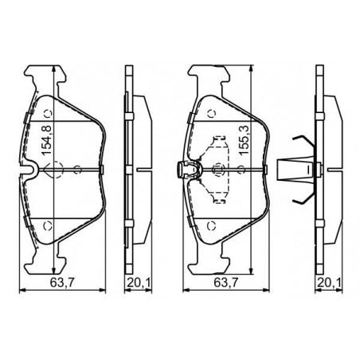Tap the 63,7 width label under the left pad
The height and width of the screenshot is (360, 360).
pos(62,282)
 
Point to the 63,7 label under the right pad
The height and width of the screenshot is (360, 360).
pos(226,282)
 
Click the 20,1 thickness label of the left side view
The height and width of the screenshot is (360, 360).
pos(139,283)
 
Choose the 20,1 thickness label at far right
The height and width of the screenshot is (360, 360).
pos(329,283)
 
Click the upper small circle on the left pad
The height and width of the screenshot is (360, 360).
pos(48,114)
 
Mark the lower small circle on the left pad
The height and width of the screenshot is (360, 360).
pos(48,226)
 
